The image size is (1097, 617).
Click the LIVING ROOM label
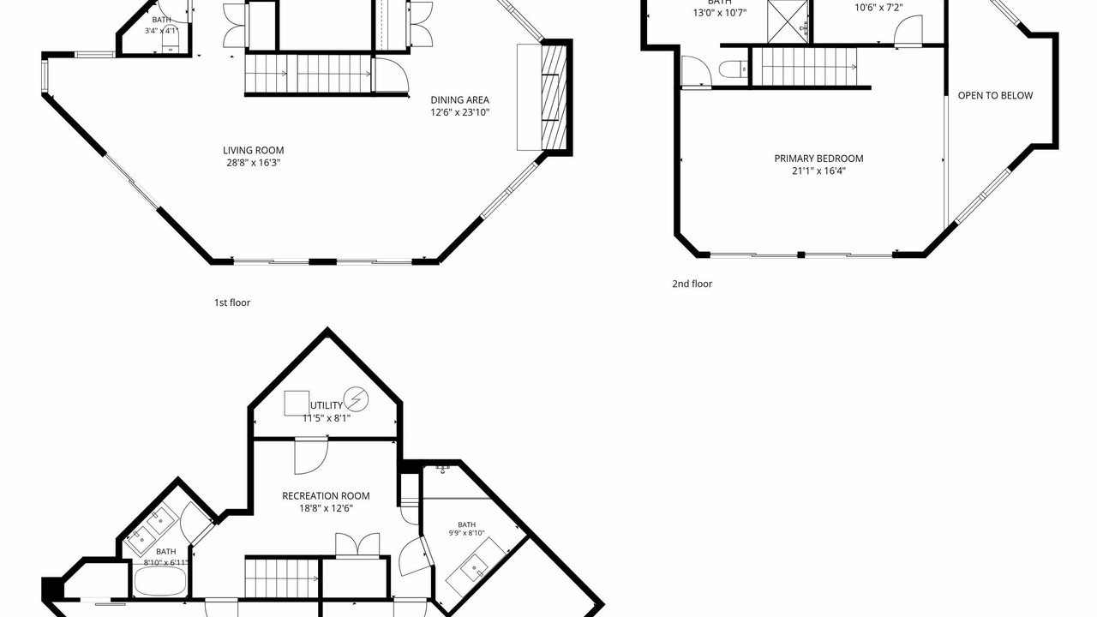(253, 150)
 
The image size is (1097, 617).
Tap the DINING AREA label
(460, 100)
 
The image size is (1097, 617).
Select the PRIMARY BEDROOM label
(818, 159)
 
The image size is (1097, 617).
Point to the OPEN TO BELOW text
(995, 95)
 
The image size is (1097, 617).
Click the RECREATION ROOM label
(327, 496)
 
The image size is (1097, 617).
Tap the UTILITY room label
(327, 405)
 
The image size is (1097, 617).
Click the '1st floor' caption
(232, 303)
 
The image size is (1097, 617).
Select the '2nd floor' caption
(692, 284)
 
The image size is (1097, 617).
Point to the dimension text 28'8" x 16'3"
(253, 163)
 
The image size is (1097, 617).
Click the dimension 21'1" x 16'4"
(818, 171)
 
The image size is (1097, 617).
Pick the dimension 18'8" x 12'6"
(327, 508)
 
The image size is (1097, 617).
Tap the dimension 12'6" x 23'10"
(460, 112)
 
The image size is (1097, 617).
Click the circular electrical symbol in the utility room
(356, 399)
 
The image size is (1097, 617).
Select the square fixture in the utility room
(297, 403)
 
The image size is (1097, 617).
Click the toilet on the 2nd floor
(734, 69)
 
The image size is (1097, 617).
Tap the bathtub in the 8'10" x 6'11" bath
(160, 582)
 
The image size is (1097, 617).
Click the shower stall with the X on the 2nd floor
(787, 21)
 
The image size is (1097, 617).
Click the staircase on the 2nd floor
(805, 67)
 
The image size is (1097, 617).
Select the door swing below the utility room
(311, 457)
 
